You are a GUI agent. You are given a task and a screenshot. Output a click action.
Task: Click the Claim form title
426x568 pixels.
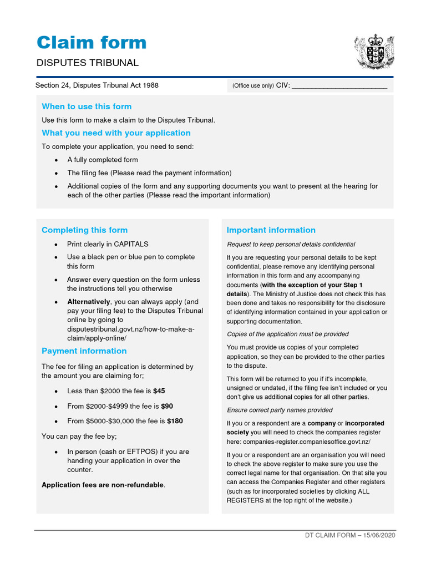point(92,43)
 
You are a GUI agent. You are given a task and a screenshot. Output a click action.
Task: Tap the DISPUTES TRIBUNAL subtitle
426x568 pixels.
point(87,63)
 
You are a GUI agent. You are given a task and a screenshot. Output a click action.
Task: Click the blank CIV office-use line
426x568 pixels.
point(339,86)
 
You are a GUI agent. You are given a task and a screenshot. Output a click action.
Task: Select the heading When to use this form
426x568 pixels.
point(87,106)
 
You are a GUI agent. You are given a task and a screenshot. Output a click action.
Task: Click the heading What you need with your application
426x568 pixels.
point(116,133)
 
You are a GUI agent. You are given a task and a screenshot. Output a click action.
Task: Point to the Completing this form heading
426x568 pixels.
point(84,230)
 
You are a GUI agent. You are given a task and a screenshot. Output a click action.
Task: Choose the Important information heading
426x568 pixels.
point(271,230)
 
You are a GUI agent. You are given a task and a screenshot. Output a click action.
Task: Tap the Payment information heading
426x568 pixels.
point(84,351)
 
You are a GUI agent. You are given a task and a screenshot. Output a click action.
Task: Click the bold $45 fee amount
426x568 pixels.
point(159,391)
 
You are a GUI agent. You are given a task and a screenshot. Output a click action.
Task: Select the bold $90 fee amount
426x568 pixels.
point(167,406)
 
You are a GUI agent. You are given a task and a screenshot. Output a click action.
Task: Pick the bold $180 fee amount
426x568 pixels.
point(175,421)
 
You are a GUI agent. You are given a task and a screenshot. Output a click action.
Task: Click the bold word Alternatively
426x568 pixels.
point(89,302)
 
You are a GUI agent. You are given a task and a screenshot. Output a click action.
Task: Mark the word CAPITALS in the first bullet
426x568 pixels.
point(131,244)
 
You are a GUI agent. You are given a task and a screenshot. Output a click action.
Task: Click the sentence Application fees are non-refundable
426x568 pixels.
point(104,485)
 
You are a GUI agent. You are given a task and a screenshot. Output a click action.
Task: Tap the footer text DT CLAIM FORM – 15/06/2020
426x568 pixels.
point(350,536)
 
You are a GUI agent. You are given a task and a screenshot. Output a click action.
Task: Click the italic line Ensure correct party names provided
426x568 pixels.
point(280,410)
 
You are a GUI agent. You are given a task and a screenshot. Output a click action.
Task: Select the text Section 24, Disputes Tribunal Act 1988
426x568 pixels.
point(97,85)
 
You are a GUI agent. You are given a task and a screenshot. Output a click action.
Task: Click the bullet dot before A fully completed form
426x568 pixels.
point(56,160)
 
